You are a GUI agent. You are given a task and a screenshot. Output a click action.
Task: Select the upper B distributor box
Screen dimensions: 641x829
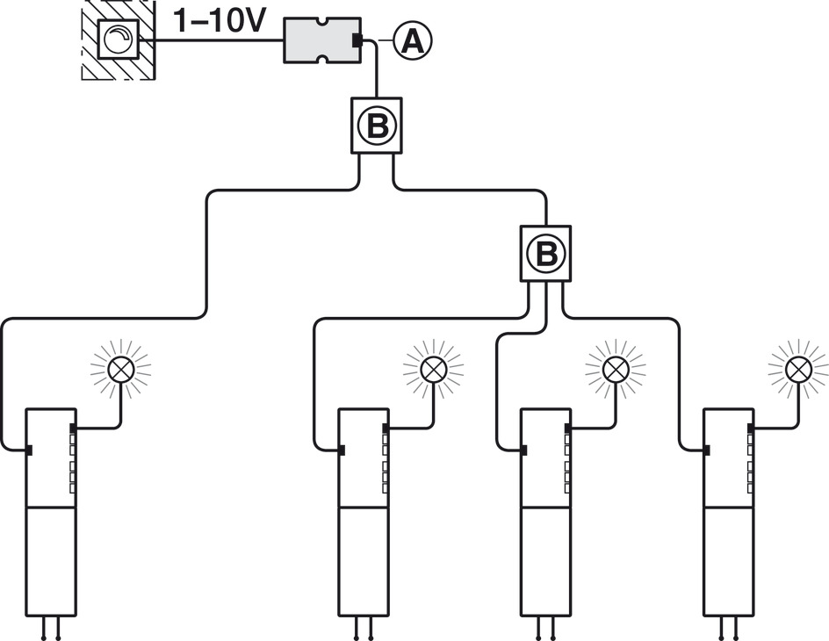(x=377, y=126)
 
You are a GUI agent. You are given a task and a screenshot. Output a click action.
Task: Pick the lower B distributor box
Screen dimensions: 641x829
(x=546, y=253)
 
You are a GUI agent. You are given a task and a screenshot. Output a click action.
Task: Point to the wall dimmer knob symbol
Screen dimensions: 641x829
(x=118, y=40)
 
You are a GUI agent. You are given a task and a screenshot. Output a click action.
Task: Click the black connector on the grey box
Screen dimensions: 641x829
(x=357, y=40)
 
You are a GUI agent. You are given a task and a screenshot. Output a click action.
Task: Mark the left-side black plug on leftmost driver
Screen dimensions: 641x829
(x=28, y=450)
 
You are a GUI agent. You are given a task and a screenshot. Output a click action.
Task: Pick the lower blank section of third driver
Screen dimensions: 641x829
(x=545, y=561)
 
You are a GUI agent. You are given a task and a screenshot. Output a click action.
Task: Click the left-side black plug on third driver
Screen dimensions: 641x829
(x=523, y=450)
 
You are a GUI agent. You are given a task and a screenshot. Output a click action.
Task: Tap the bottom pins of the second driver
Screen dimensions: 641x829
(x=362, y=630)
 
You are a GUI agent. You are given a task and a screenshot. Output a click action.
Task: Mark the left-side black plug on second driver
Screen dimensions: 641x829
(x=341, y=450)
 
